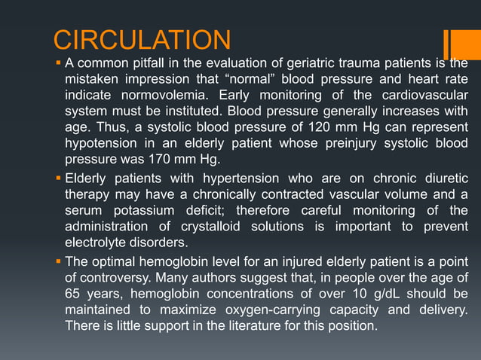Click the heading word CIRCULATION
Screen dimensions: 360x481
[x=142, y=39]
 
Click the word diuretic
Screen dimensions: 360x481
[x=443, y=178]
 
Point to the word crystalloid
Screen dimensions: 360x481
[x=214, y=227]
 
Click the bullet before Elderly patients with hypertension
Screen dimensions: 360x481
[x=58, y=178]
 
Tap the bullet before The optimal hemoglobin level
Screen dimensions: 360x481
[x=58, y=261]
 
